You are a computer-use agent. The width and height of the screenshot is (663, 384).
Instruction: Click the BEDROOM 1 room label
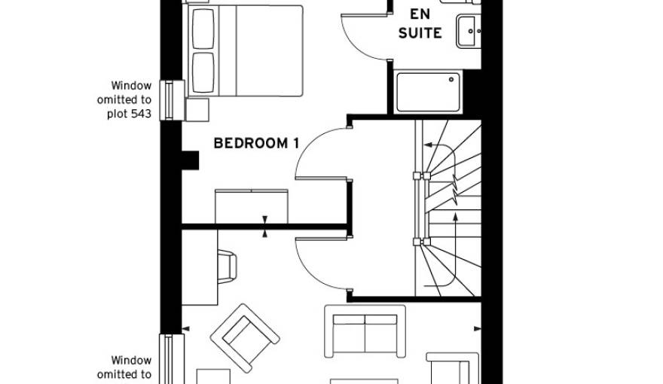click(x=251, y=143)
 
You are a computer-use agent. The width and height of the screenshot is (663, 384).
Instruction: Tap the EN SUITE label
click(x=425, y=23)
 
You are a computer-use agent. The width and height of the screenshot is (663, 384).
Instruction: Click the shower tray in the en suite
click(x=427, y=93)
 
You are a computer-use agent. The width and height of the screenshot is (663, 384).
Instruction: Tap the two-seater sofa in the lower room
click(x=365, y=331)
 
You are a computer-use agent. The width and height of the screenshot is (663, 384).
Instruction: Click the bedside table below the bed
click(x=197, y=110)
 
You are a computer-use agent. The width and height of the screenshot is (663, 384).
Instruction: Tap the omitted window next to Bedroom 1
click(x=170, y=99)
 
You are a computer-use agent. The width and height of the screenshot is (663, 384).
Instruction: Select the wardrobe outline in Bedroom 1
click(x=252, y=206)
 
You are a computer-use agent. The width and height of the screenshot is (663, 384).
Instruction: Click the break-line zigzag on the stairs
click(x=456, y=189)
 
